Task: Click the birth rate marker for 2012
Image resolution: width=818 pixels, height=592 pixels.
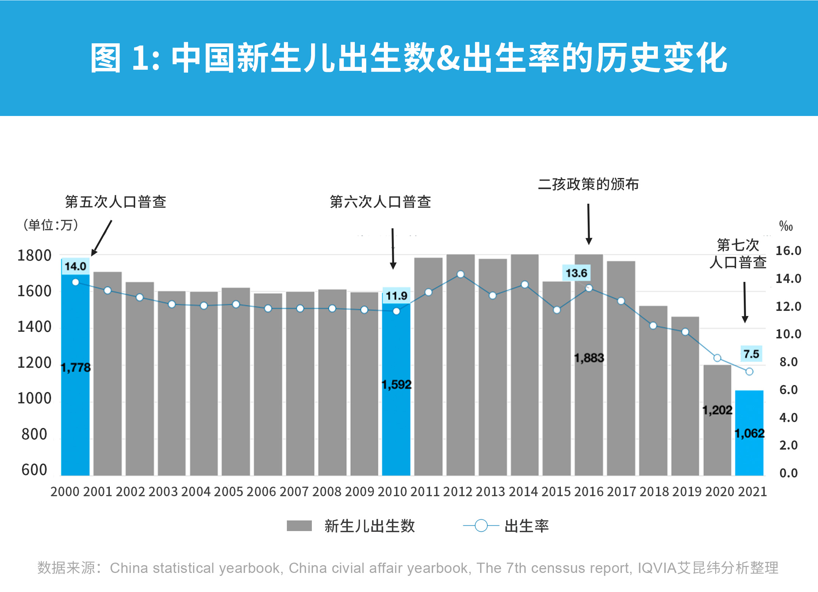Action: pos(460,274)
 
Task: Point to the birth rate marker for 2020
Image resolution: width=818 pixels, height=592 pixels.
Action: pos(717,358)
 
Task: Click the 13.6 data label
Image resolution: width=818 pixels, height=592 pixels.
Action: pos(576,273)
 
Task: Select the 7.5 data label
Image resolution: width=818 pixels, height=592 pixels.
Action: pos(751,354)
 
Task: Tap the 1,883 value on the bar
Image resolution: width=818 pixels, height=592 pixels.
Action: pos(589,358)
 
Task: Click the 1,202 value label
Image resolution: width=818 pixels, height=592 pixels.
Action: pos(717,410)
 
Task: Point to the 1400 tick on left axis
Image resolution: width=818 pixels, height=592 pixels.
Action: pos(35,327)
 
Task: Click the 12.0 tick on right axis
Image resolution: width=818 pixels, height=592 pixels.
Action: pos(788,306)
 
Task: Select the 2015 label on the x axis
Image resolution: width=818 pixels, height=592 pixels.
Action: pos(556,491)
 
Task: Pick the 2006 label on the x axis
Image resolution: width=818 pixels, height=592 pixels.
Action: pos(261,491)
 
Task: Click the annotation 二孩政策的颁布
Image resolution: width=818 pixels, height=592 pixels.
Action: pos(588,184)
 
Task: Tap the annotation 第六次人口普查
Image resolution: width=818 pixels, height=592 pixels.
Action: pos(380,202)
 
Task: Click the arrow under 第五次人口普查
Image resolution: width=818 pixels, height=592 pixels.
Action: pos(102,238)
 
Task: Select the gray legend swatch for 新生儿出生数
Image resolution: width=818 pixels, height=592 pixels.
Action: pos(299,526)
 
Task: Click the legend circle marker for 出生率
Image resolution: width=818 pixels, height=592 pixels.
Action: pos(481,526)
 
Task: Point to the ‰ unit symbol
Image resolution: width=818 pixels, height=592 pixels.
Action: pos(786,226)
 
